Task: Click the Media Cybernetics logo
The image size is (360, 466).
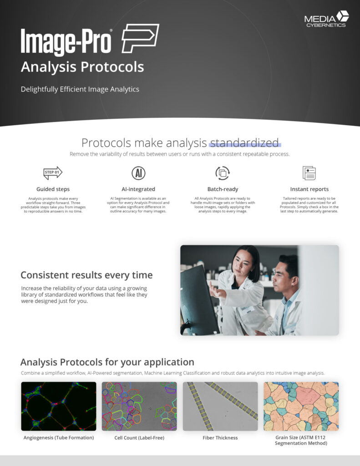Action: (326, 19)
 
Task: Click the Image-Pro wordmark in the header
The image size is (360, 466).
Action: (66, 42)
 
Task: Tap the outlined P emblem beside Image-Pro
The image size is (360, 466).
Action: (140, 39)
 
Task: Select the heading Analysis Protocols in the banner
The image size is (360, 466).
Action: (82, 67)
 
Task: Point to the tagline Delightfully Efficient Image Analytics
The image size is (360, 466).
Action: (80, 89)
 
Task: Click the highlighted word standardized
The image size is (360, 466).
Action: (244, 143)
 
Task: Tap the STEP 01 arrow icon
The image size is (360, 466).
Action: (53, 172)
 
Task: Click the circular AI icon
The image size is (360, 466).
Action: (138, 173)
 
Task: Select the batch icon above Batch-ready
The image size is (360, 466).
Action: (223, 173)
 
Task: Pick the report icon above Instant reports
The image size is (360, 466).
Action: (309, 173)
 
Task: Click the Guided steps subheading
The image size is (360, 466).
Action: (53, 189)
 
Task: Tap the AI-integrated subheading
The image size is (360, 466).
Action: (138, 189)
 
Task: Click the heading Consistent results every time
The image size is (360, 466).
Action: (86, 275)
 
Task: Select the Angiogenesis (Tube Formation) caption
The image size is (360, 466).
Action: (59, 438)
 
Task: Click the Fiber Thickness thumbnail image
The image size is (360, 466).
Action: (220, 406)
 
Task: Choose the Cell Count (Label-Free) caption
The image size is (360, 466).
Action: (139, 438)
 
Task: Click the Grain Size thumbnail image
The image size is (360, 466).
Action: (301, 406)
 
